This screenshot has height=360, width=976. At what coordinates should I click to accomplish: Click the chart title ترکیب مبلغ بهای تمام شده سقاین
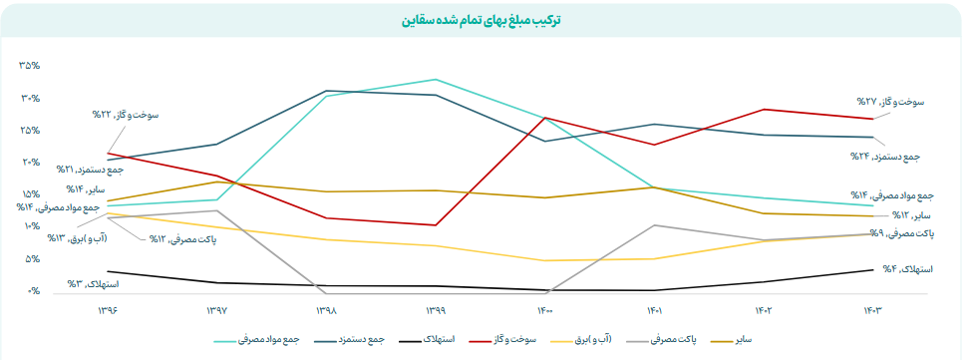pos(488,19)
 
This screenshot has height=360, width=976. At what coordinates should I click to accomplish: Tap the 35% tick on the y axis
pos(29,66)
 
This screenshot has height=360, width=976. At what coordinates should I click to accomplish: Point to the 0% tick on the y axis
pos(33,291)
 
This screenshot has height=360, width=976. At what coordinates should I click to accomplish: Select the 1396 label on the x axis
pos(108,311)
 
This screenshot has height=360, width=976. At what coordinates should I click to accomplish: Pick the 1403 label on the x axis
pos(872,311)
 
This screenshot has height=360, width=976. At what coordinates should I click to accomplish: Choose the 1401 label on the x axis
pos(654,311)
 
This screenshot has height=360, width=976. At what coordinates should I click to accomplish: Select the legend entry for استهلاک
pos(429,341)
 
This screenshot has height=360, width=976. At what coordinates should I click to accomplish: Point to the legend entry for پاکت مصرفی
pos(661,341)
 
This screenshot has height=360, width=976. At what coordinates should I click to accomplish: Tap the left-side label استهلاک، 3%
pos(93,284)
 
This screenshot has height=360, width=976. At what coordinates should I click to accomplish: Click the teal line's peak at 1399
pos(436,79)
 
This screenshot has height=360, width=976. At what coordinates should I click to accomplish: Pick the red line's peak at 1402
pos(764,109)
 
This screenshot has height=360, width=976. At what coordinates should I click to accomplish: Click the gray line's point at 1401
pos(654,225)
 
